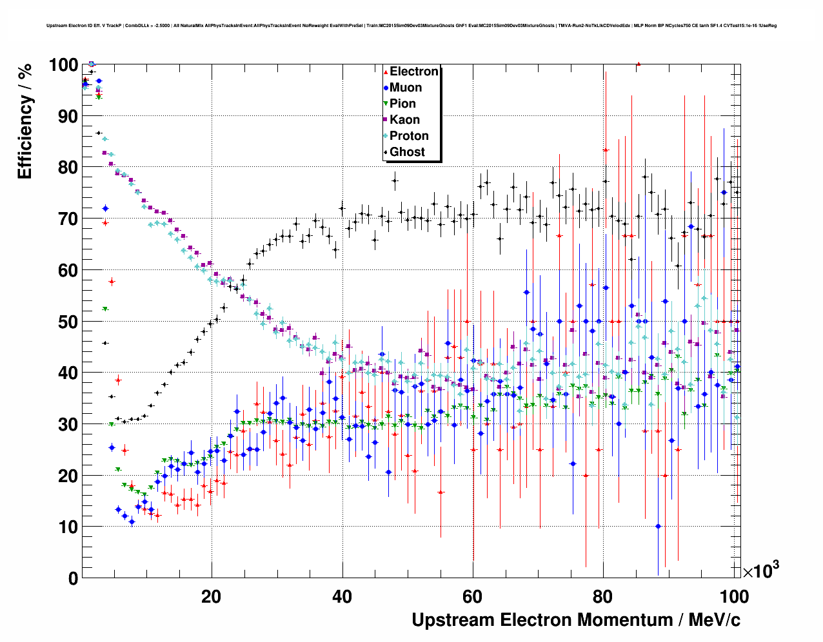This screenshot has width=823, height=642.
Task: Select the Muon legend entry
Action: pos(406,88)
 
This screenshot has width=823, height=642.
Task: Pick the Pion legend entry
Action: pos(402,104)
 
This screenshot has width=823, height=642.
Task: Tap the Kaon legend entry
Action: pos(404,120)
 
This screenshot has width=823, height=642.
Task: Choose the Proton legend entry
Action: pos(409,136)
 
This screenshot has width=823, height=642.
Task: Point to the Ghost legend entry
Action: pos(407,152)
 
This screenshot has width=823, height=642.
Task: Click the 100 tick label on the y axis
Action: pos(63,65)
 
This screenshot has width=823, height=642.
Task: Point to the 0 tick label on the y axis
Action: pos(73,578)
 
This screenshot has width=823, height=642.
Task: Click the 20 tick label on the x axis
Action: pos(212,596)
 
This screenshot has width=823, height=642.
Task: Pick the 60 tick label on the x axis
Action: pos(473,596)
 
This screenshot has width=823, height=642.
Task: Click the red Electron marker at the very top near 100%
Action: pos(638,64)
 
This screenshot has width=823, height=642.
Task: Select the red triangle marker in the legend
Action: pos(385,72)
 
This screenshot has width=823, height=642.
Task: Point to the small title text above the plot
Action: pos(411,26)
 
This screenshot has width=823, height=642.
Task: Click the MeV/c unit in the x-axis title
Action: pos(715,620)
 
